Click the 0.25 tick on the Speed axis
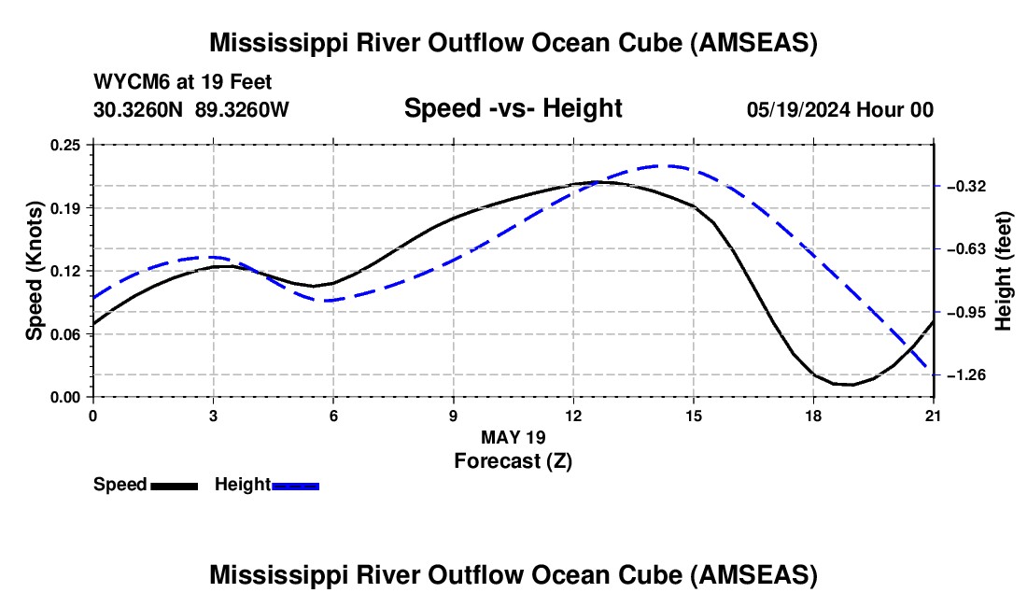click(65, 145)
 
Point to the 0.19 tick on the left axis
click(65, 208)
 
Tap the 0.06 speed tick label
click(65, 334)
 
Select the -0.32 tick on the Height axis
click(966, 187)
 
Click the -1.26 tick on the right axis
click(966, 375)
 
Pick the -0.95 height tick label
click(966, 312)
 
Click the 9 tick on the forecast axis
click(453, 416)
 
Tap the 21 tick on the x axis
click(933, 416)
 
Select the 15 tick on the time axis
click(693, 416)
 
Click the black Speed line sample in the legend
click(175, 487)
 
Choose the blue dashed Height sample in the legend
click(295, 487)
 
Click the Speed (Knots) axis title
click(34, 271)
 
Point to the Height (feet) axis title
click(1004, 271)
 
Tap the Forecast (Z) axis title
click(513, 461)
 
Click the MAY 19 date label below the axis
click(513, 437)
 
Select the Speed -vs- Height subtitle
click(513, 108)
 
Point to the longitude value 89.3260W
click(242, 109)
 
